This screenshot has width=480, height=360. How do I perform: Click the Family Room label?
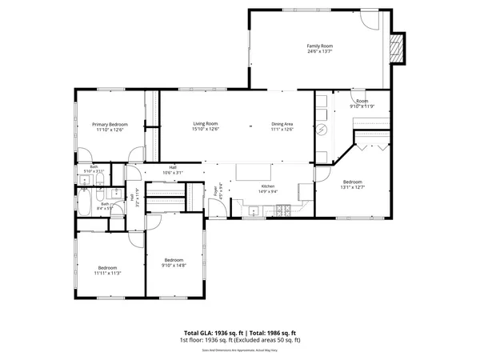click(x=318, y=46)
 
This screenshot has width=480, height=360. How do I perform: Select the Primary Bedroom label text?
click(x=110, y=124)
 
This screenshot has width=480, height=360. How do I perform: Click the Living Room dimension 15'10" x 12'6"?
click(x=206, y=130)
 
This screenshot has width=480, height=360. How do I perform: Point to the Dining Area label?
click(x=282, y=124)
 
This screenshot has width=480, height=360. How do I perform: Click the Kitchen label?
click(x=267, y=186)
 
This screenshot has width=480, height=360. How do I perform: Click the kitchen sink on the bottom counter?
click(x=253, y=211)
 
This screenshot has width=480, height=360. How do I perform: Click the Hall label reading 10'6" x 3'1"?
click(x=173, y=170)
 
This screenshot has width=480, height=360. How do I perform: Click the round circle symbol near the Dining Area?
click(x=322, y=130)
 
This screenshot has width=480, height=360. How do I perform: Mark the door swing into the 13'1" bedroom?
click(x=324, y=172)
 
